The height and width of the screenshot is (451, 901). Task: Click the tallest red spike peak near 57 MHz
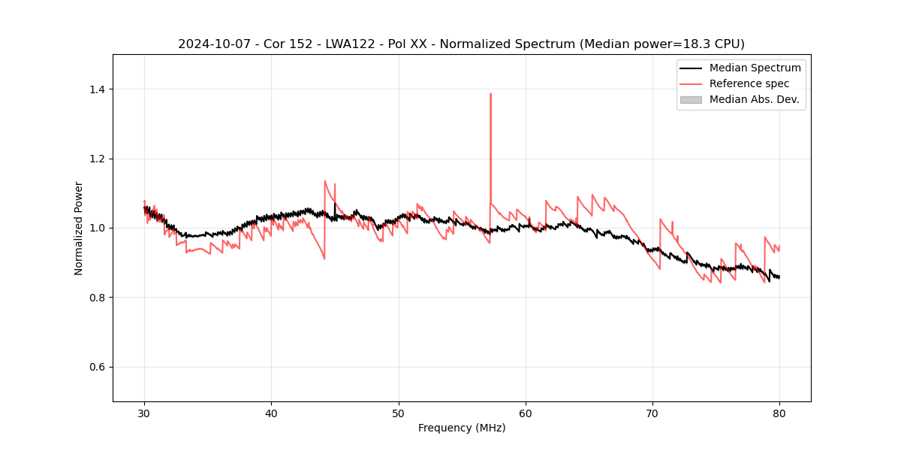[x=490, y=94]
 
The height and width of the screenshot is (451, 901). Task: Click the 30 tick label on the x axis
[x=144, y=413]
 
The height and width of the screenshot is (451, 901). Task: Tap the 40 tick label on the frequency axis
[x=271, y=413]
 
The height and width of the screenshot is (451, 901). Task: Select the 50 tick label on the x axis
[x=399, y=413]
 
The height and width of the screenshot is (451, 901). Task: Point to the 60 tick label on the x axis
[x=526, y=413]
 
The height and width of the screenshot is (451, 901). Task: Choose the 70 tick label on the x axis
[x=652, y=413]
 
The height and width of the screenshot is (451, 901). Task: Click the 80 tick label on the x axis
[x=779, y=413]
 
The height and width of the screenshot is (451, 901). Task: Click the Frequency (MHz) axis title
[x=462, y=428]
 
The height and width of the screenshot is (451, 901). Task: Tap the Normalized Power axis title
[x=79, y=228]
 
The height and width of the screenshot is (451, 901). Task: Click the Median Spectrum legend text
[x=755, y=68]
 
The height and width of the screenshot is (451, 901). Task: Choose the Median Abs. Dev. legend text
[x=755, y=99]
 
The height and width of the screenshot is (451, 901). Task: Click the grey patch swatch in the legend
[x=691, y=99]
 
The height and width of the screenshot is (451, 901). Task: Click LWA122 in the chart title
[x=351, y=44]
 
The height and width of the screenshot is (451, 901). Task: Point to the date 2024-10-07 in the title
[x=213, y=44]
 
